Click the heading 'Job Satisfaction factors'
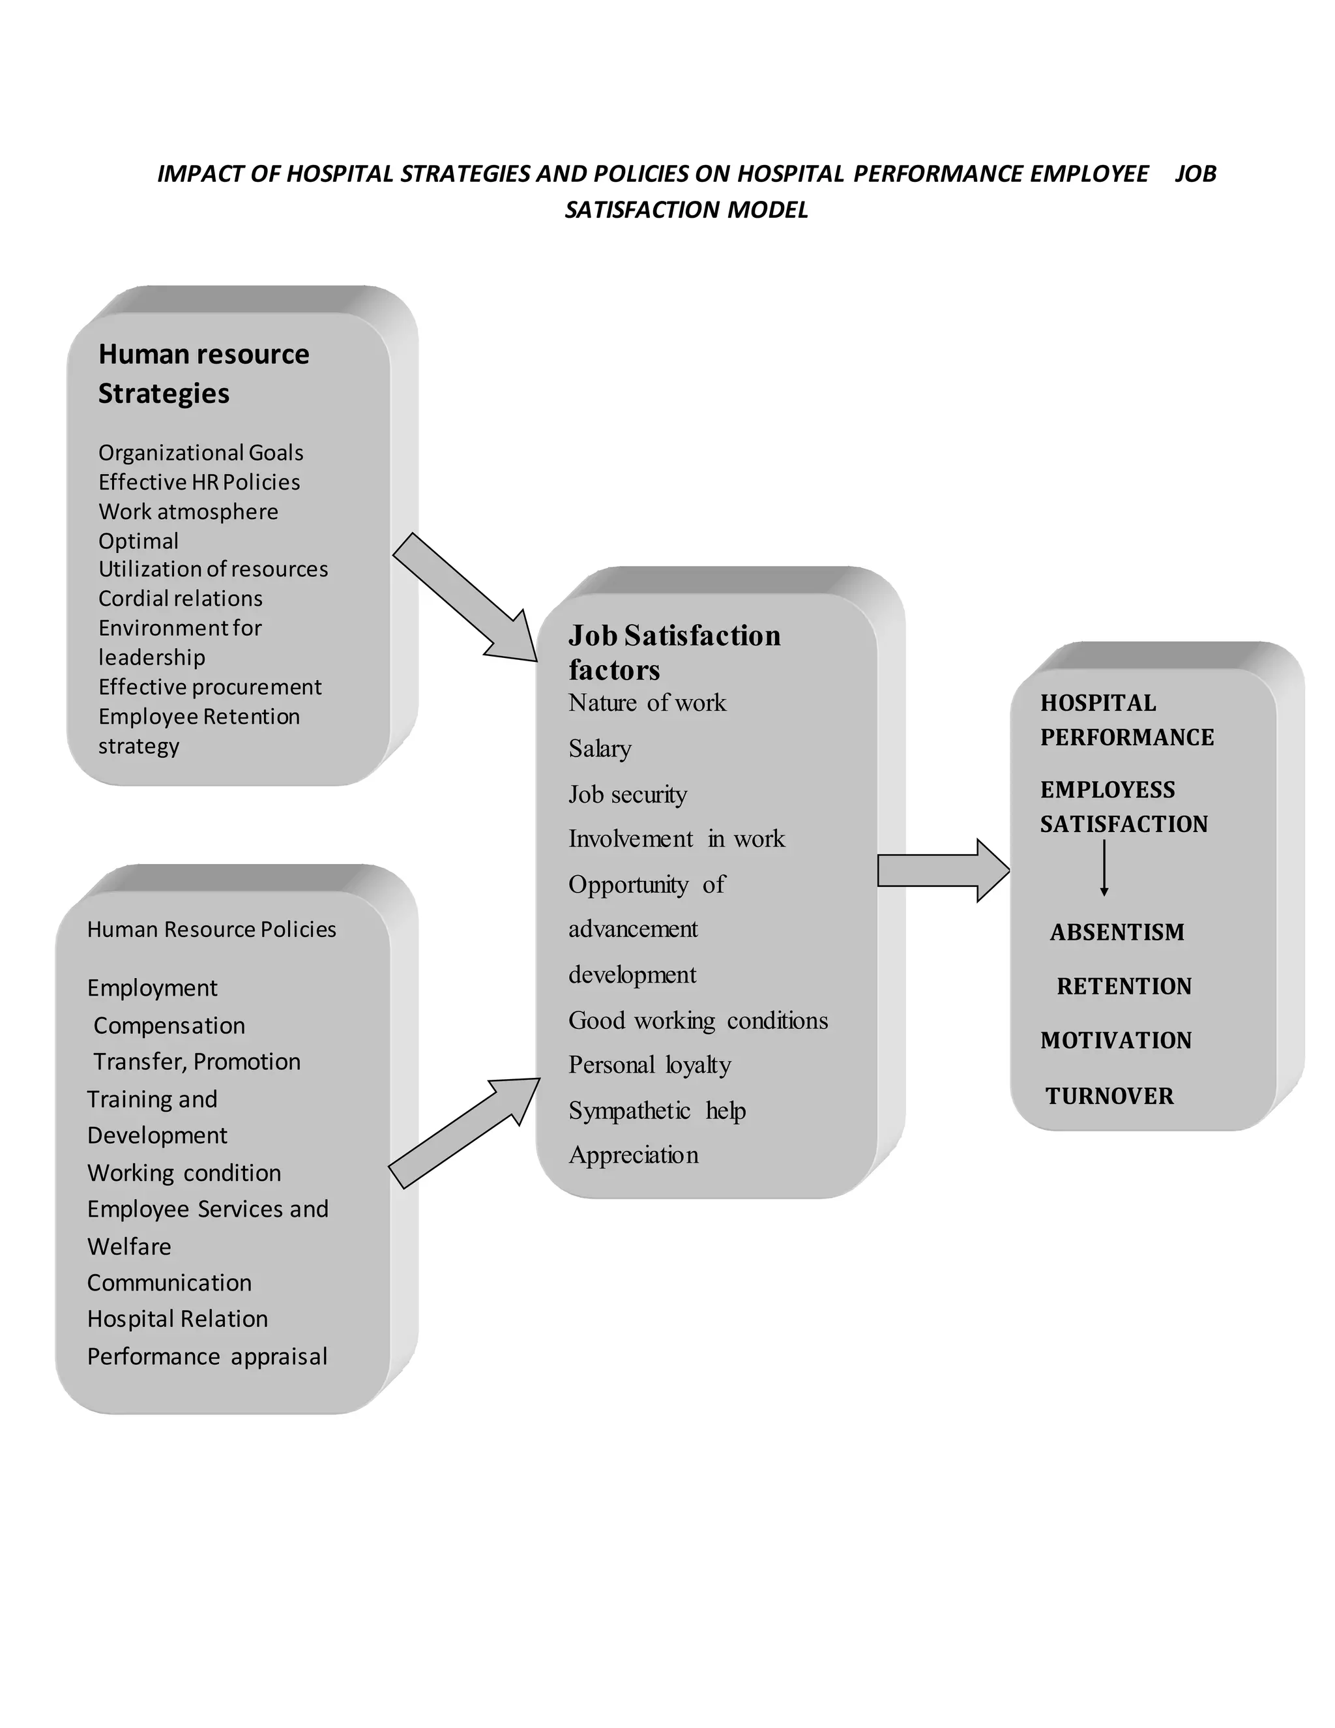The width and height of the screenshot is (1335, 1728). [x=674, y=652]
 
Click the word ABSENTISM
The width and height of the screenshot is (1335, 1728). [x=1117, y=932]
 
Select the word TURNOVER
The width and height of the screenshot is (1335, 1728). [x=1109, y=1096]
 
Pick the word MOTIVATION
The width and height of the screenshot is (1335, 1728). [x=1116, y=1041]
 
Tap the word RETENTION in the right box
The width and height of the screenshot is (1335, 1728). [x=1124, y=986]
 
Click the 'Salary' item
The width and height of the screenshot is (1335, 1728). [x=600, y=749]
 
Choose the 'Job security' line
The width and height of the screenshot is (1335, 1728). [x=628, y=794]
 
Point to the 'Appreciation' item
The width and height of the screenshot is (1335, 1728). [x=634, y=1155]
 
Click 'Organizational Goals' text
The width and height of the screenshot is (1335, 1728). [x=201, y=453]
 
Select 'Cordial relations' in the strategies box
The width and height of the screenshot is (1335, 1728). [x=181, y=598]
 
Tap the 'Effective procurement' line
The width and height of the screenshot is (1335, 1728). [x=210, y=687]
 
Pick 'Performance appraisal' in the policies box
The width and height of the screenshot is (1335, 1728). [x=207, y=1356]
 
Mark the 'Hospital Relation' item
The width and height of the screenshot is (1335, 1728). [x=177, y=1319]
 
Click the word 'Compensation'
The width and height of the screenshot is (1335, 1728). [x=169, y=1026]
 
